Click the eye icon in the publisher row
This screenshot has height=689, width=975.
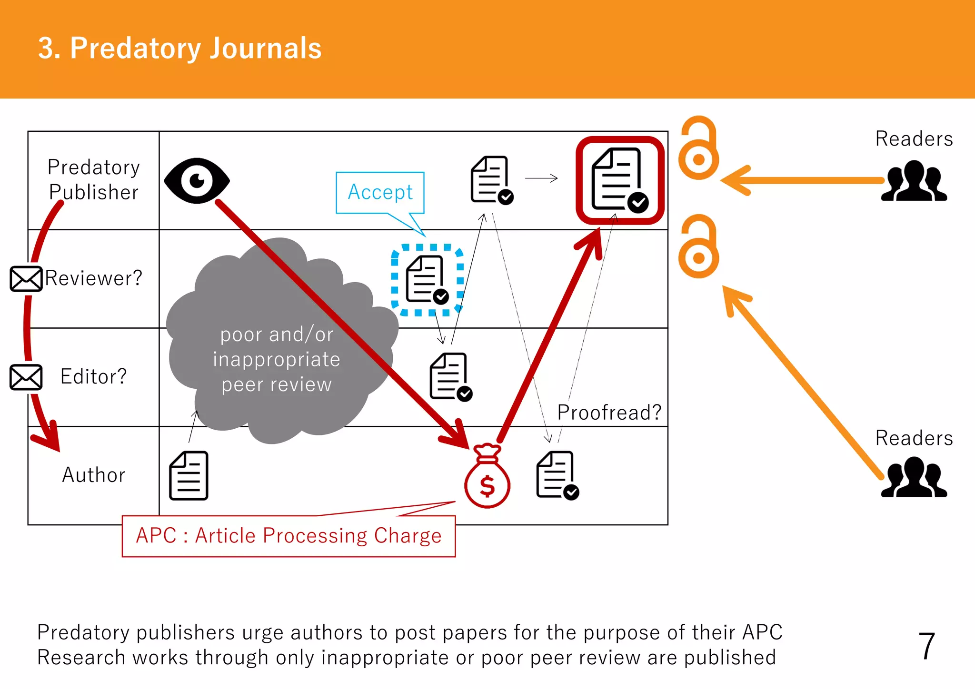(x=197, y=181)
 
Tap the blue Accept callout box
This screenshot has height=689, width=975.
(x=380, y=192)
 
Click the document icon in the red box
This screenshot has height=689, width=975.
(x=618, y=180)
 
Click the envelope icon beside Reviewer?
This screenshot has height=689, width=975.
(x=26, y=279)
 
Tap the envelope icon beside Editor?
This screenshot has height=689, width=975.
(x=26, y=377)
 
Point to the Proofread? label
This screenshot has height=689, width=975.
(x=609, y=413)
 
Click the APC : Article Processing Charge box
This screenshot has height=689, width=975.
(x=289, y=536)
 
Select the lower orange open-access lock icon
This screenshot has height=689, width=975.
(x=698, y=247)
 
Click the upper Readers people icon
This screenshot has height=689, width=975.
(x=914, y=182)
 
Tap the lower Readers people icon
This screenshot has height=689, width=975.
(x=914, y=478)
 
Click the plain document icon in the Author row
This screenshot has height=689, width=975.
(x=189, y=476)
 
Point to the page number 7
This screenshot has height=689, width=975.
(x=926, y=646)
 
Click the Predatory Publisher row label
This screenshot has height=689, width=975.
(x=94, y=180)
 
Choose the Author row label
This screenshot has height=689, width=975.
(x=94, y=475)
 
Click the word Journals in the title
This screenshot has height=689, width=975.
(x=265, y=49)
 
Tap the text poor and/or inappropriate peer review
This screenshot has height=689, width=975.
(x=277, y=359)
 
